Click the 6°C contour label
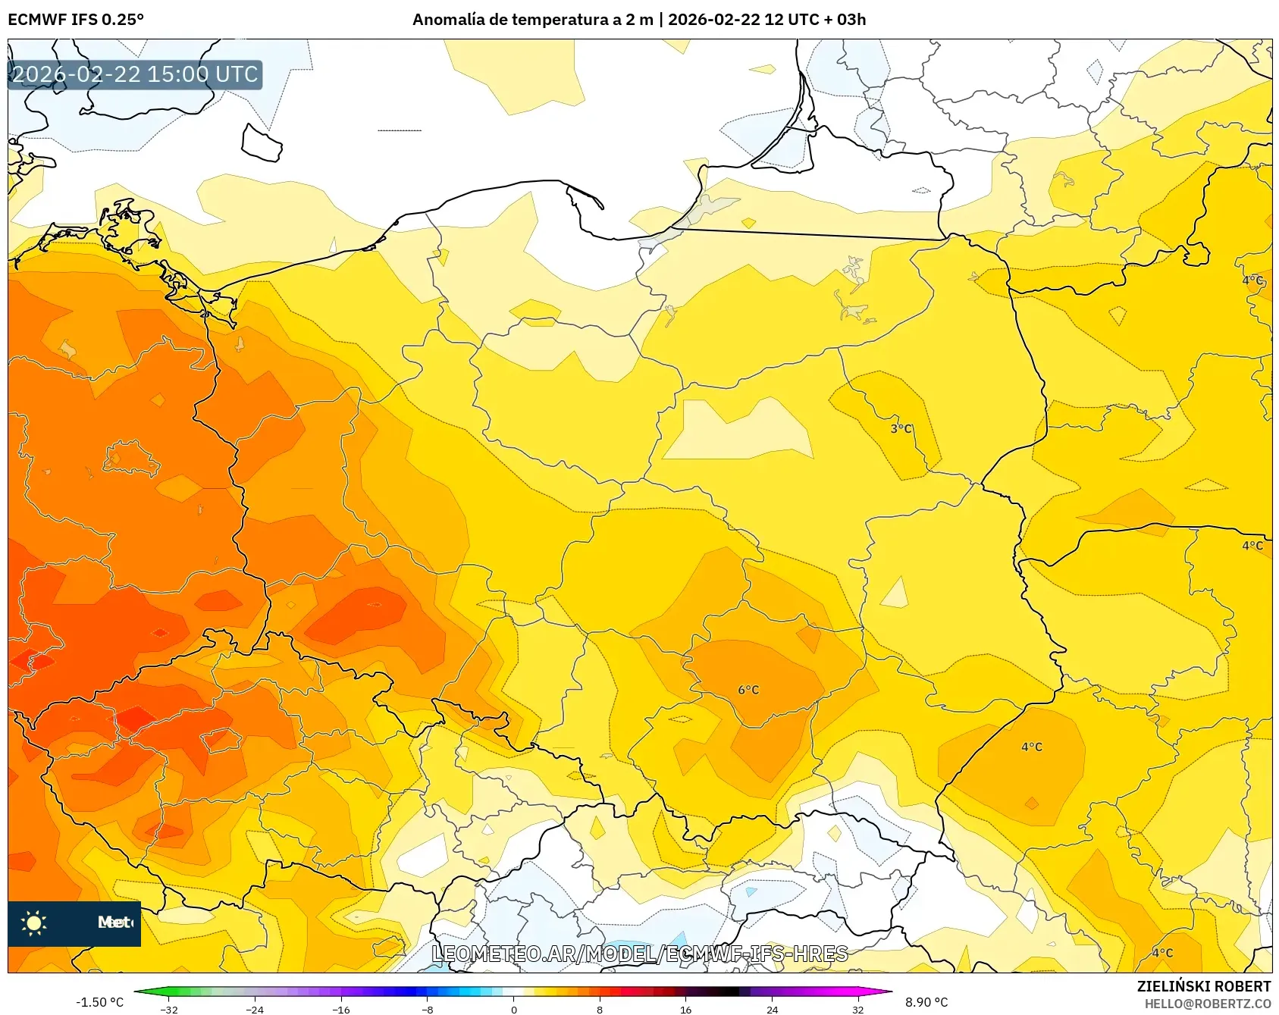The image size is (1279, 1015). [748, 690]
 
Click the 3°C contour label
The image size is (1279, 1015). [901, 429]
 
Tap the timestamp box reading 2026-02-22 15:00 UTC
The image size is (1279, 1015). [135, 74]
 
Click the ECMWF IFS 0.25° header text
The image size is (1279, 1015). [76, 20]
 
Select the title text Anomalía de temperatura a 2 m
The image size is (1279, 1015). [532, 20]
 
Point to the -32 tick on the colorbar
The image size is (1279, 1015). [169, 1009]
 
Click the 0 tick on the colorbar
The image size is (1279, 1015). [513, 1009]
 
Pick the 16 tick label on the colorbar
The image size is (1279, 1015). [685, 1009]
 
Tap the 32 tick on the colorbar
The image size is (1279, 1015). [857, 1009]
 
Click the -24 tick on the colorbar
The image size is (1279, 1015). [255, 1009]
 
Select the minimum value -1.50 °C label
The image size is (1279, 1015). [99, 1002]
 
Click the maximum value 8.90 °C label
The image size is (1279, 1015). [926, 1002]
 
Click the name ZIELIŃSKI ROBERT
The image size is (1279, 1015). [1203, 986]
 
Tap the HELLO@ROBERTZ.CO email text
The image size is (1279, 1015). [1207, 1004]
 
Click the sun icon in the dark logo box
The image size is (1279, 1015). [34, 923]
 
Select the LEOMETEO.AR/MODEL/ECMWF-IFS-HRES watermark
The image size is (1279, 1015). [639, 954]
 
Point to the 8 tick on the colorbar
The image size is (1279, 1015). [599, 1009]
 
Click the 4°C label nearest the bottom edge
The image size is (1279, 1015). [1162, 953]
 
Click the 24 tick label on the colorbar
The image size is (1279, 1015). [772, 1009]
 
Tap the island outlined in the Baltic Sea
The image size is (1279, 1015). [262, 143]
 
